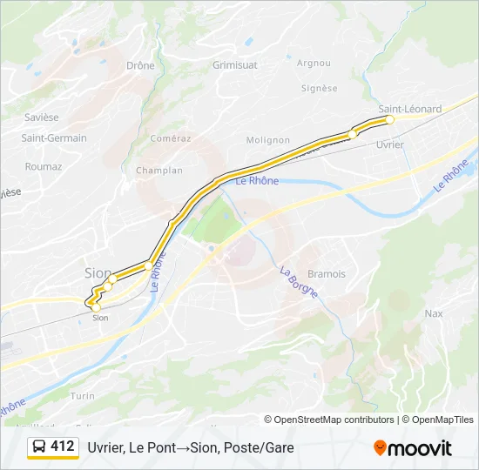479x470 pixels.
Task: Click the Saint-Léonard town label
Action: [409, 109]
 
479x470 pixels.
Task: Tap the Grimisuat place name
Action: [234, 65]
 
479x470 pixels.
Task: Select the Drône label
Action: [140, 65]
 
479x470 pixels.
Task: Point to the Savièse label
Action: [40, 117]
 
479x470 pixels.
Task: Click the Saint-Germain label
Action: [54, 138]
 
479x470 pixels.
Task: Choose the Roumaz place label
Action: [44, 166]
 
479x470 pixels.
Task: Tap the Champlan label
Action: [159, 171]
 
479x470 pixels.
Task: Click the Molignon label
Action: [267, 139]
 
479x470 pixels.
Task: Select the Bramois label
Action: [325, 273]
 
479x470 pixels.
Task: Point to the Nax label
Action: [433, 312]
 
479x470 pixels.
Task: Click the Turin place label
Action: [83, 395]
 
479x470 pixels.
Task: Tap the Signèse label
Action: [319, 88]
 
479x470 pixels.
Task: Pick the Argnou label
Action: [314, 63]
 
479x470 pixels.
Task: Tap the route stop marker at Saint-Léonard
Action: [390, 119]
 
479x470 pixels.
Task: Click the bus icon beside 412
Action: [39, 446]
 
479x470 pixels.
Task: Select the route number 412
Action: [63, 446]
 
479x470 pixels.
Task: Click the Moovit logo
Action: [413, 448]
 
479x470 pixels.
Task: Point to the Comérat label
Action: [170, 138]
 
